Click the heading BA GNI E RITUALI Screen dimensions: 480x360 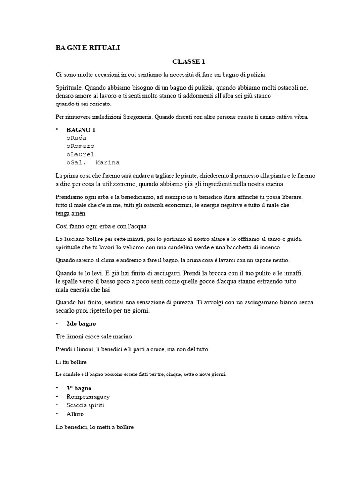(x=88, y=48)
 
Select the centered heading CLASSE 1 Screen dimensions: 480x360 (x=189, y=61)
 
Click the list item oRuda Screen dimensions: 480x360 (x=76, y=138)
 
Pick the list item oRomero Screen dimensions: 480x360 (x=80, y=146)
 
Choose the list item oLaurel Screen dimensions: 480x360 (x=80, y=154)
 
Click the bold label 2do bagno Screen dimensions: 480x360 (x=81, y=324)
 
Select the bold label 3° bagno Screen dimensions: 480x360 (x=79, y=388)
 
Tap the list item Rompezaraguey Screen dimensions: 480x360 (x=88, y=397)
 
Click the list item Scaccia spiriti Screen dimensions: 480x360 (x=85, y=405)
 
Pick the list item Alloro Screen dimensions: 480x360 (x=75, y=414)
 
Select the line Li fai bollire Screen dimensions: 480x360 (x=71, y=362)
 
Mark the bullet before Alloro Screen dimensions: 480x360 (x=57, y=414)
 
